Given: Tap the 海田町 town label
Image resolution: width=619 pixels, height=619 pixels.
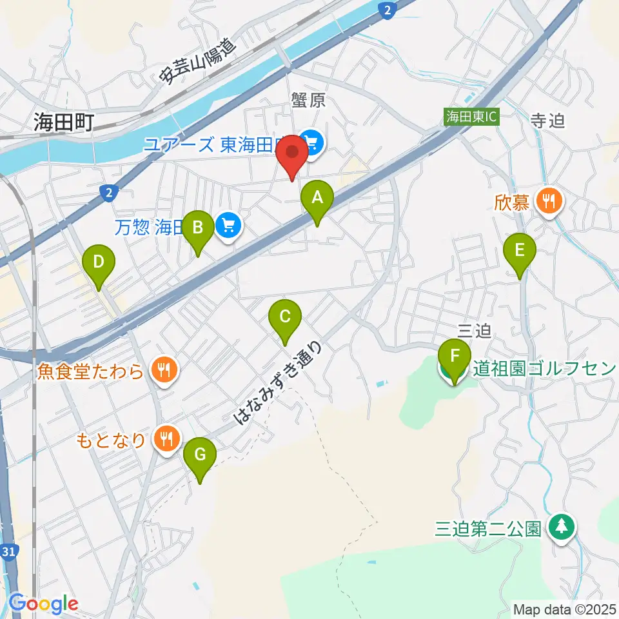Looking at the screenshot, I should click(x=64, y=121).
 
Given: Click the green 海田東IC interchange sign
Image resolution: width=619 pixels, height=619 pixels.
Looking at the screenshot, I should click(x=471, y=117).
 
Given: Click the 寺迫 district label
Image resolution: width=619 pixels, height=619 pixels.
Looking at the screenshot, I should click(x=547, y=121).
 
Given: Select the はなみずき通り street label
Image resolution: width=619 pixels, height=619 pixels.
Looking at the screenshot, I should click(x=278, y=383).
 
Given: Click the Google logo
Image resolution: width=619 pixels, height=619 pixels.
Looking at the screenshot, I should click(x=44, y=603).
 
